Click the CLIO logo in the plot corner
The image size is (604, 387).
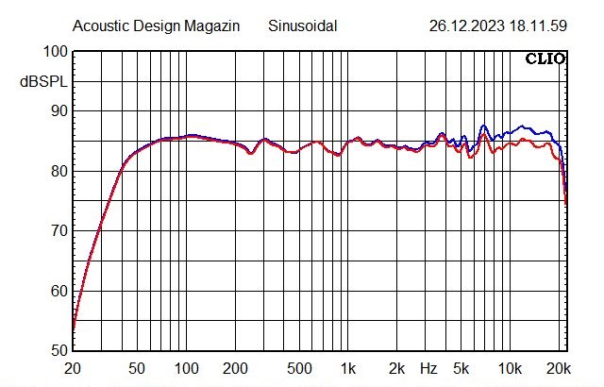tap(545, 59)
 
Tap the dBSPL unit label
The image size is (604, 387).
tap(41, 82)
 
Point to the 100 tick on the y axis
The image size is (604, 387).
tap(55, 52)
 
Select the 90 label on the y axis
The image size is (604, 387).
tap(58, 111)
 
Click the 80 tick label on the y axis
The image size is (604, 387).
tap(58, 172)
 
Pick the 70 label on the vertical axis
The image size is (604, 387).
tap(58, 231)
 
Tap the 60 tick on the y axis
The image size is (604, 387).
tap(58, 291)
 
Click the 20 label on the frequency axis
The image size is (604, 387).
tap(72, 367)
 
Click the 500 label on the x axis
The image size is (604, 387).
tap(300, 367)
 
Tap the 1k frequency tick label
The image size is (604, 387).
tap(349, 367)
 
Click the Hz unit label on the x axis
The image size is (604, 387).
tap(429, 367)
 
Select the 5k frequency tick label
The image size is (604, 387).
tap(461, 367)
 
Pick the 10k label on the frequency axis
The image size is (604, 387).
tap(511, 367)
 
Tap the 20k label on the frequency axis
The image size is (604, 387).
tap(560, 367)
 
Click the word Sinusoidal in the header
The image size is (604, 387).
tap(305, 26)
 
